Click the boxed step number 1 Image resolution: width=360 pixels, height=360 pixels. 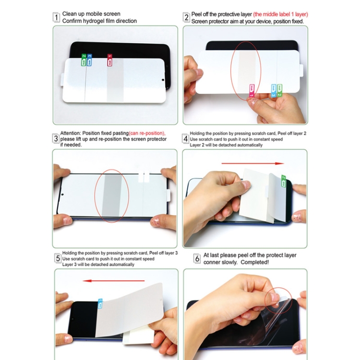click(x=56, y=18)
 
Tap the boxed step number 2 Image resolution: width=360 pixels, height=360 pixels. click(x=186, y=18)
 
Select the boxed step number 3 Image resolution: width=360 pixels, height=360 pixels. click(x=56, y=139)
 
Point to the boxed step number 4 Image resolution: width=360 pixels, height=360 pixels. click(x=185, y=139)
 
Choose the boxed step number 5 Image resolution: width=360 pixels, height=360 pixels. click(x=57, y=259)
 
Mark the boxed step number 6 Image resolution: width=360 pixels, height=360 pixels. click(x=197, y=259)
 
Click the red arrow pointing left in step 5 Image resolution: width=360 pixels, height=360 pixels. click(x=114, y=281)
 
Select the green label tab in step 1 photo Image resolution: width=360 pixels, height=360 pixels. click(x=84, y=60)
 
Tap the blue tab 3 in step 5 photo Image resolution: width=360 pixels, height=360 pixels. click(x=100, y=303)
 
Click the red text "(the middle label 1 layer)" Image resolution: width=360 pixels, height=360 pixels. click(x=274, y=14)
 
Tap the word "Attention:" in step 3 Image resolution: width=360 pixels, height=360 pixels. click(x=70, y=133)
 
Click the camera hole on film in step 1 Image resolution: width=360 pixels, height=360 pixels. click(x=163, y=80)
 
